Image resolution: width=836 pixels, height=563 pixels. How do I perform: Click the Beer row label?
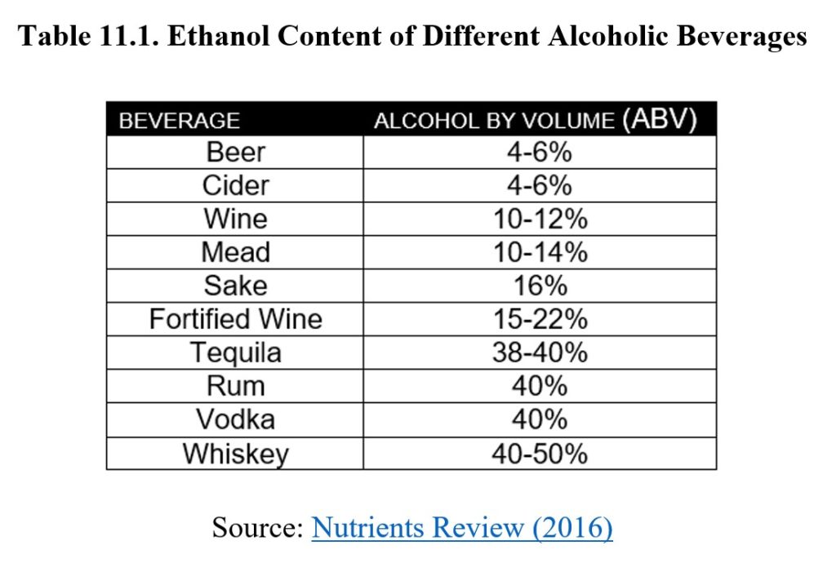[x=235, y=153]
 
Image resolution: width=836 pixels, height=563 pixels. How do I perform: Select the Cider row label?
[x=235, y=186]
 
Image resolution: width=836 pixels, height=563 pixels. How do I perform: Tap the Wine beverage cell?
[x=235, y=219]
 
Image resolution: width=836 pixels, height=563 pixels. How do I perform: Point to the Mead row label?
[x=235, y=252]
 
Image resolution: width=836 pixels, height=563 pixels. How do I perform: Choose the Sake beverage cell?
[x=235, y=286]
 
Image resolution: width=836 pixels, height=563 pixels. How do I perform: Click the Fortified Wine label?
[x=235, y=319]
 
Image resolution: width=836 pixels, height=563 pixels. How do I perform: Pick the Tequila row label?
[x=235, y=352]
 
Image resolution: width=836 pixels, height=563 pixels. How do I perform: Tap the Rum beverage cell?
[x=235, y=386]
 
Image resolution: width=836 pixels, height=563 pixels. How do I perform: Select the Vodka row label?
[x=235, y=419]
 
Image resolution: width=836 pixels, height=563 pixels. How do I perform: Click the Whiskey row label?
[x=235, y=454]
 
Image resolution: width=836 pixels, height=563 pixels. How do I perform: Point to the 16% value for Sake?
[x=539, y=286]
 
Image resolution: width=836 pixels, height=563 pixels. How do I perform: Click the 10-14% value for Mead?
[x=539, y=252]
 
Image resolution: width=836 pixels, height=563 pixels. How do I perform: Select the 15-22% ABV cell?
[x=539, y=319]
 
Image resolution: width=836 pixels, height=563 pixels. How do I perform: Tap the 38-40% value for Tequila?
[x=539, y=352]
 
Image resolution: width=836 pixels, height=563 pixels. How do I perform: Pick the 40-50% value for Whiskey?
[x=539, y=454]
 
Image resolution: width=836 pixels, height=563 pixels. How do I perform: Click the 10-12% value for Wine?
[x=539, y=219]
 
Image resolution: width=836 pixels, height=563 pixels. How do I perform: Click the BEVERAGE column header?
[x=180, y=121]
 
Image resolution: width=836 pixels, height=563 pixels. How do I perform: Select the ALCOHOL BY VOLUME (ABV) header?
[x=535, y=120]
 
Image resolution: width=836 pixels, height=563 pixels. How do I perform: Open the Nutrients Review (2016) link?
[x=462, y=528]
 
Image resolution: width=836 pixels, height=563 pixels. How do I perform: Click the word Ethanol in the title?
[x=225, y=37]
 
